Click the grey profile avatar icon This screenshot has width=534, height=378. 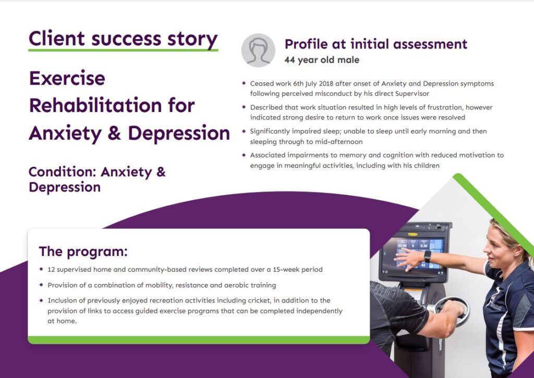click(x=258, y=50)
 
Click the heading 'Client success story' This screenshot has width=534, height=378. click(x=123, y=39)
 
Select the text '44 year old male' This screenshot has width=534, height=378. click(x=322, y=60)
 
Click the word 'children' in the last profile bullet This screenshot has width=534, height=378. click(x=426, y=166)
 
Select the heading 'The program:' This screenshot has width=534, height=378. click(x=83, y=251)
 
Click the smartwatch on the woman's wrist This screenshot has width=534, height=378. click(x=428, y=255)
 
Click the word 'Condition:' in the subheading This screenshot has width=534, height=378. click(x=63, y=172)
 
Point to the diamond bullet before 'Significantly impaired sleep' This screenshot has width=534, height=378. click(x=244, y=131)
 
